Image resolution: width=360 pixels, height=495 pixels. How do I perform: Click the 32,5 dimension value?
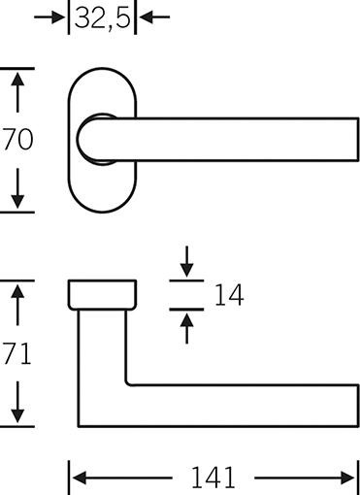(x=102, y=17)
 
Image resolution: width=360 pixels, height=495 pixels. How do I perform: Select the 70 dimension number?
(x=17, y=140)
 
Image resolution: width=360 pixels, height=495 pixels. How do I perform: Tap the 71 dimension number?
(x=17, y=353)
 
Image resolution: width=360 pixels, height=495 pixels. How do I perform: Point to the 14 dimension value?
(x=229, y=295)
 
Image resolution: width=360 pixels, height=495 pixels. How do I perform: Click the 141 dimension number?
(x=213, y=478)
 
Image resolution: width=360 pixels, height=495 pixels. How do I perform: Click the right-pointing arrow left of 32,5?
(x=49, y=16)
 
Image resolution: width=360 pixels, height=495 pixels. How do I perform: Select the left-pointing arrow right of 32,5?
(x=154, y=16)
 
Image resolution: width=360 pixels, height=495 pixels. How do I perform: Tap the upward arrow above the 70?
(x=17, y=92)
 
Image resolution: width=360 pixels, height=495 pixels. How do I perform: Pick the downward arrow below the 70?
(x=17, y=188)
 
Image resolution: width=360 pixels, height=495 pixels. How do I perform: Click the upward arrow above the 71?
(x=17, y=305)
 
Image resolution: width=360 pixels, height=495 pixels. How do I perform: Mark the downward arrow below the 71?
(x=17, y=402)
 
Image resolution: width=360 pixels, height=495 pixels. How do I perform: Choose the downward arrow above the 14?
(x=186, y=261)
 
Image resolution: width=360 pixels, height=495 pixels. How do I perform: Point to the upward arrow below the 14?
(x=186, y=328)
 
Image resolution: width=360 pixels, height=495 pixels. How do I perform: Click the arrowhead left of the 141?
(x=80, y=478)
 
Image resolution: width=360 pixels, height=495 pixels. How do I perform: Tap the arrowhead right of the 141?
(x=348, y=478)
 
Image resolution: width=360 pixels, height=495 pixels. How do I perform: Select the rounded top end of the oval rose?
(x=102, y=69)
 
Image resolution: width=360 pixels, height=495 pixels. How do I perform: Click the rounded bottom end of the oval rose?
(x=102, y=212)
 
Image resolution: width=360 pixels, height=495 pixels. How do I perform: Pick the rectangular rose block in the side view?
(x=102, y=295)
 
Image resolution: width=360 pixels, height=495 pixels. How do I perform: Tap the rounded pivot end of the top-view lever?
(x=79, y=140)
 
